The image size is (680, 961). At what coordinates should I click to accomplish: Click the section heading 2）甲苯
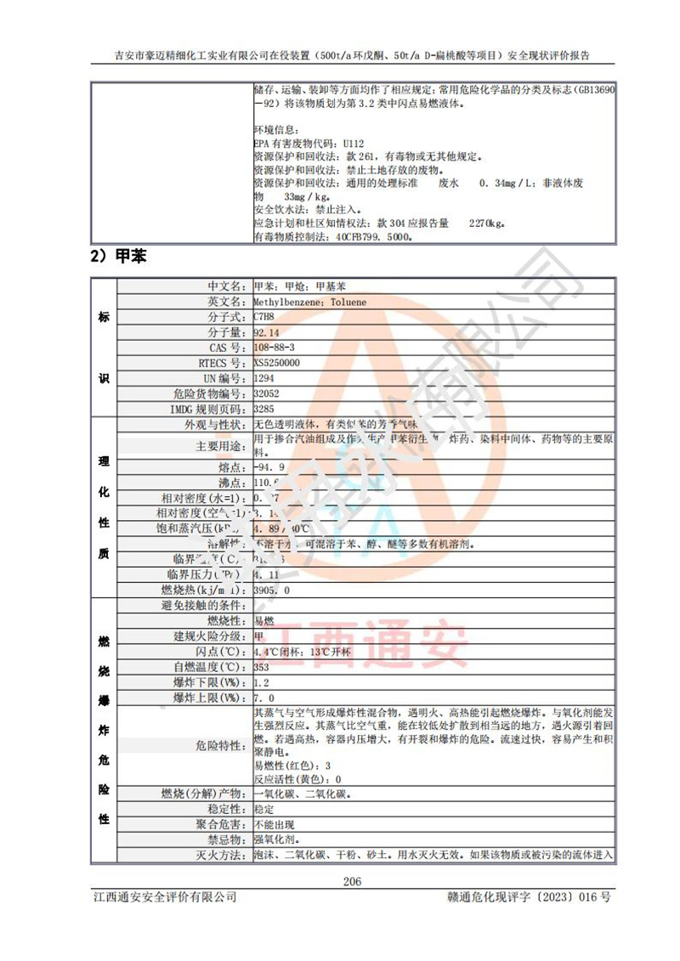[118, 256]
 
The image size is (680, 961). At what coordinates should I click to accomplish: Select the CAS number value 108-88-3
[274, 348]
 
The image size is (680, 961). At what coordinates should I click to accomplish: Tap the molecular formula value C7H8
[263, 316]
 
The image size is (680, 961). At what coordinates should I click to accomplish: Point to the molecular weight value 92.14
[266, 332]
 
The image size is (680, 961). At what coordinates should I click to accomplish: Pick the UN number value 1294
[265, 378]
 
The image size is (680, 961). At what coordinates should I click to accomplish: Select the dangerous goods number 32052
[267, 393]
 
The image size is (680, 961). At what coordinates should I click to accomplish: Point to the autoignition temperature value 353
[262, 667]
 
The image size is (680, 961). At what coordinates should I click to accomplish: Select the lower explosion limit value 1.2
[261, 682]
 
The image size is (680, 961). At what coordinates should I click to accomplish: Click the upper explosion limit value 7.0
[263, 698]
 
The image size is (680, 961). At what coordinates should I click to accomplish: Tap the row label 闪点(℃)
[222, 652]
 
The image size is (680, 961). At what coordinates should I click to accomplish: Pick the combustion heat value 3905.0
[272, 590]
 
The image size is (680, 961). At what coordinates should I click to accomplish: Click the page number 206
[352, 881]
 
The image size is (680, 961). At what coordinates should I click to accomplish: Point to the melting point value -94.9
[269, 467]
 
